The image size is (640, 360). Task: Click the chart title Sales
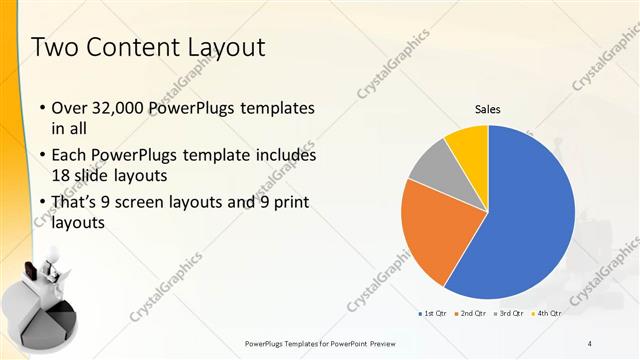point(487,110)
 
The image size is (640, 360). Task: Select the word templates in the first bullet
point(275,108)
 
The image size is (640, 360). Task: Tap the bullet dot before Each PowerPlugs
point(41,156)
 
